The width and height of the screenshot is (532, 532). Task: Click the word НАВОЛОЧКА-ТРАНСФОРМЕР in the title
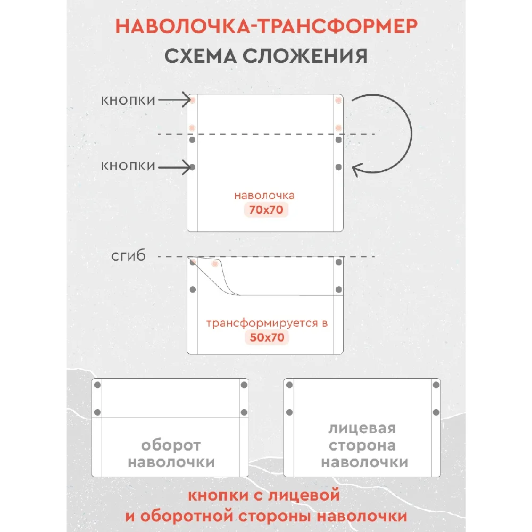(x=266, y=27)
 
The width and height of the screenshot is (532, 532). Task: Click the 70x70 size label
(x=267, y=210)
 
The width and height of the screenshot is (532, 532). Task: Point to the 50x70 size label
(x=267, y=337)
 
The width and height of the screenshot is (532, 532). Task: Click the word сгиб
(x=128, y=257)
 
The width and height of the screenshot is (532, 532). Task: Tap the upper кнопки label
(x=128, y=100)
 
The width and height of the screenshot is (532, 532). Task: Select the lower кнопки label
(x=128, y=166)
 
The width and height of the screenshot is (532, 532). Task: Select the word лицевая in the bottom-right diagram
(x=362, y=429)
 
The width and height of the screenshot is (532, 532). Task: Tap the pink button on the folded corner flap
(x=215, y=264)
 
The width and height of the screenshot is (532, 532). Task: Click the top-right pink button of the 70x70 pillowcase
(x=338, y=100)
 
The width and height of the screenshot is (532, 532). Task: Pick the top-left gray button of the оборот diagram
(x=97, y=385)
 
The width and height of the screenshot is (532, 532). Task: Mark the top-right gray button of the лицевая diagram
(x=436, y=385)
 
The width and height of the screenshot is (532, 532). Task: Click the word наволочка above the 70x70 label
(x=264, y=195)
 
